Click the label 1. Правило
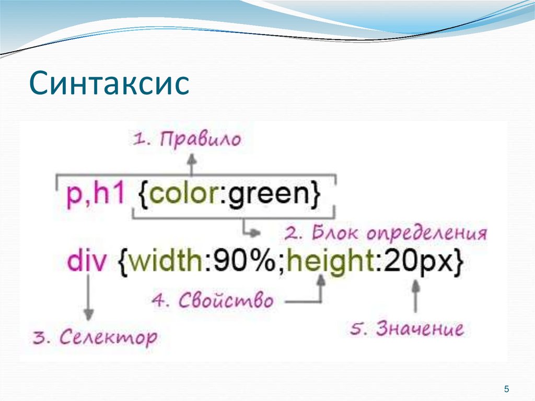187,140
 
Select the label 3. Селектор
94,337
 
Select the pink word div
87,260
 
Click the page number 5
506,388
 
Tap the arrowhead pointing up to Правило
192,158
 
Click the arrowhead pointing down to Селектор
89,315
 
